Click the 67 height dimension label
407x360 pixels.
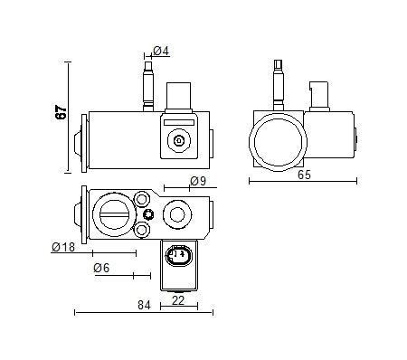point(61,113)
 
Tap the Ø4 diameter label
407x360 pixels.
point(160,52)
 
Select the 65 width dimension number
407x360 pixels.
point(303,175)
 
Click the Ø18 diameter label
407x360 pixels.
point(63,247)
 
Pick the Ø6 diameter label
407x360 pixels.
point(100,268)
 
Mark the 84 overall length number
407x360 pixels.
point(143,306)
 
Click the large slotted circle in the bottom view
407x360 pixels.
point(115,214)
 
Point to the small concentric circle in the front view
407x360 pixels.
point(178,140)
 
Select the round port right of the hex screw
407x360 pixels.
point(176,214)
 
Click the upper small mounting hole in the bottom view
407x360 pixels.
point(142,196)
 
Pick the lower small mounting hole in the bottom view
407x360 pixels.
point(142,232)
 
